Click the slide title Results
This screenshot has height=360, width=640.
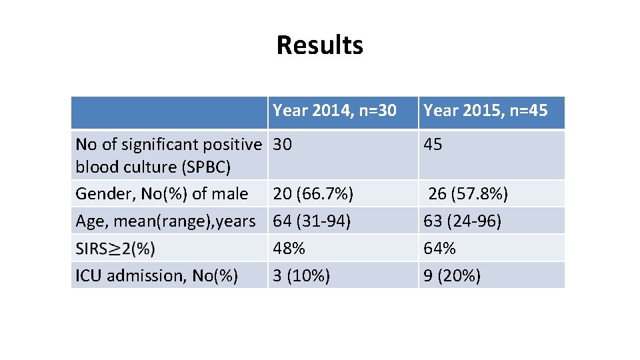pos(319,45)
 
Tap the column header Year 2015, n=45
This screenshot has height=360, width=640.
pos(485,110)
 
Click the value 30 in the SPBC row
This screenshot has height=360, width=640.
pos(283,144)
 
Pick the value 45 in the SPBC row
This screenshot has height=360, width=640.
pos(433,144)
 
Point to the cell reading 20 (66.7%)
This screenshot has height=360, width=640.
pos(313,194)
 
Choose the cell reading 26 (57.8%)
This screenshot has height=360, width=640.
pos(468,194)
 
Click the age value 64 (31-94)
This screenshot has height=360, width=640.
pos(312,221)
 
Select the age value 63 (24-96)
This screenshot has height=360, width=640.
pos(461,221)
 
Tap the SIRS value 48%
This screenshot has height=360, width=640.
pos(289,249)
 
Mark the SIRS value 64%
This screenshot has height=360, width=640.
pos(439,249)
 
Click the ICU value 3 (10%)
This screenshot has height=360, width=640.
pos(301,275)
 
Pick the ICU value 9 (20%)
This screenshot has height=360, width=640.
pos(451,275)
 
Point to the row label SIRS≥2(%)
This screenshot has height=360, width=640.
pos(115,249)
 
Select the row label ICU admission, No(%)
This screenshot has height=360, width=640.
pos(157,275)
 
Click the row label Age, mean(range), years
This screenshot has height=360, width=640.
pos(165,221)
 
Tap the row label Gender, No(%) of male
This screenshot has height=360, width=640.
pos(162,194)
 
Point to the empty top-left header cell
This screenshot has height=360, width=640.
pos(170,111)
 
